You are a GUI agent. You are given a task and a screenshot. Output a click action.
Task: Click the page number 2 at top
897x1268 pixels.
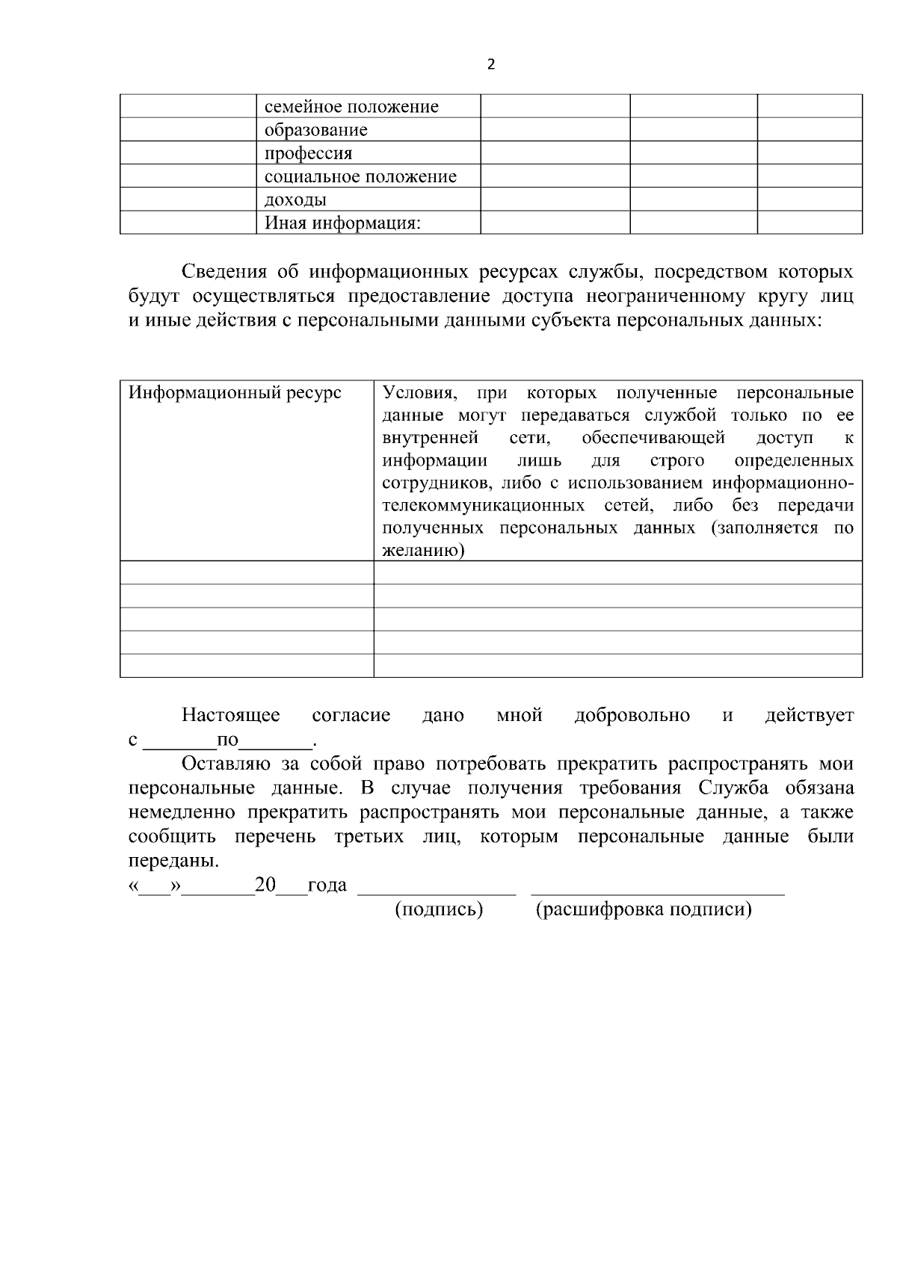(491, 65)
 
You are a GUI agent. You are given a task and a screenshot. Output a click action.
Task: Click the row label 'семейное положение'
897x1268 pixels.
(351, 107)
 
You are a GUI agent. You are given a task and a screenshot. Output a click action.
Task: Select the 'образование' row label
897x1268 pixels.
(316, 130)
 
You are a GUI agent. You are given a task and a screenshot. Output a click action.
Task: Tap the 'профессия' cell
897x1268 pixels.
(308, 153)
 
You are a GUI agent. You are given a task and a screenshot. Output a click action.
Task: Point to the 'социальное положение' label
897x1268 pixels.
(360, 176)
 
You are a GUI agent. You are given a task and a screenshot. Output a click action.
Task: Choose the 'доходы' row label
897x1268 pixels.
(295, 200)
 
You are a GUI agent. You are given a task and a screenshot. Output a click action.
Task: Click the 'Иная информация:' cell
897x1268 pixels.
(343, 223)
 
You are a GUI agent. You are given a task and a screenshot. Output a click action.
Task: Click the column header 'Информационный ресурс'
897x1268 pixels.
(235, 393)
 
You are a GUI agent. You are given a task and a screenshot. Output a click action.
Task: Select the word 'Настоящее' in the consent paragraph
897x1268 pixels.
(231, 715)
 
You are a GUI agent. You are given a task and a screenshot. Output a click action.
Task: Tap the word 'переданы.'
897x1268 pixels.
(174, 860)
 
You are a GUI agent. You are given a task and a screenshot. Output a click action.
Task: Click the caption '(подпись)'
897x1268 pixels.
(439, 909)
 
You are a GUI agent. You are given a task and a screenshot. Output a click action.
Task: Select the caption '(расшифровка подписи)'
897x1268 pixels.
(644, 909)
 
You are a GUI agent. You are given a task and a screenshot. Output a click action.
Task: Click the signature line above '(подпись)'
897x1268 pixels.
(437, 891)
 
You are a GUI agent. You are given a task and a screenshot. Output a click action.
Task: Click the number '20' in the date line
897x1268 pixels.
(265, 885)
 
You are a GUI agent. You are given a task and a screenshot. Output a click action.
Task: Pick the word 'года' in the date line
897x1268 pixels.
(327, 885)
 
